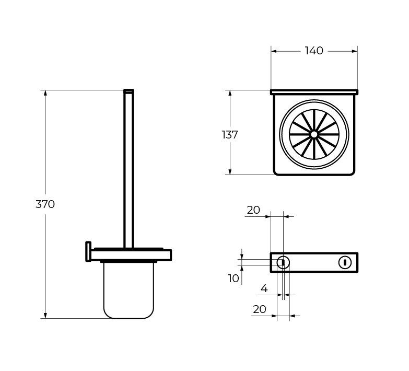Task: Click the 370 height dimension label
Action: (45, 204)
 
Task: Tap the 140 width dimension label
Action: (314, 51)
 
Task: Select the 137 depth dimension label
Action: (230, 135)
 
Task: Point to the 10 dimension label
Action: (233, 279)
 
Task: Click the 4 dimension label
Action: (264, 288)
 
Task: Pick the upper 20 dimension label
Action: (253, 210)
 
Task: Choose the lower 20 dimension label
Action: (260, 309)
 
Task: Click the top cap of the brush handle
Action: (128, 91)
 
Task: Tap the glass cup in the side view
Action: (129, 290)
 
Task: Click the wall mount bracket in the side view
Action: (88, 251)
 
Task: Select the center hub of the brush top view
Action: (314, 134)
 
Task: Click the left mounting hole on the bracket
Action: (283, 262)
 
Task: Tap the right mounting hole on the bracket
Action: (345, 262)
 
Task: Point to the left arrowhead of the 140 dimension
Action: (274, 51)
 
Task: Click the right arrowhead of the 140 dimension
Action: (355, 51)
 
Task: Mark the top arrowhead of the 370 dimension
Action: (45, 93)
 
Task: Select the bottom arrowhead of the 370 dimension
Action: (45, 316)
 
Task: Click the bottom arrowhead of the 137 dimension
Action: (230, 172)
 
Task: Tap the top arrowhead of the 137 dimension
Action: (230, 93)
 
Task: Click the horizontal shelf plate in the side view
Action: (131, 255)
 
